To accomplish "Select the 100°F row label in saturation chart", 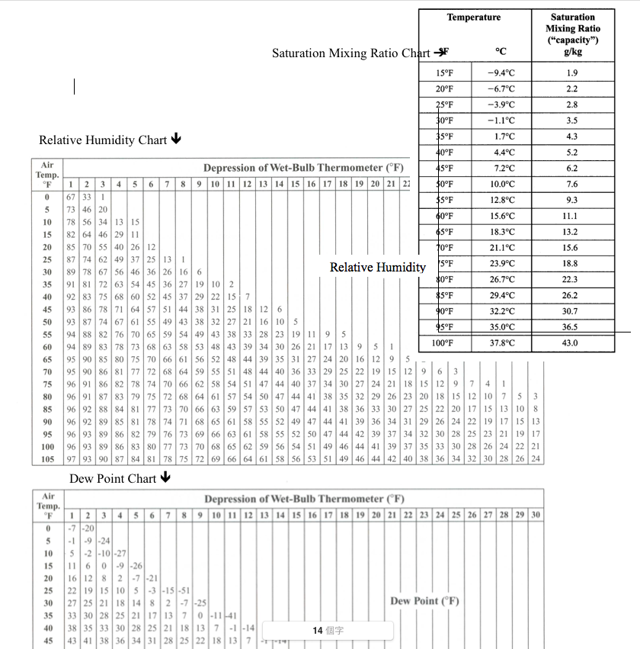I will (445, 343).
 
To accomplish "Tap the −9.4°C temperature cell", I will (501, 73).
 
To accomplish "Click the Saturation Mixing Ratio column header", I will (572, 34).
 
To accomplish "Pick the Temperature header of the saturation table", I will (473, 18).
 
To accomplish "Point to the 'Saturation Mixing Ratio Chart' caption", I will (351, 53).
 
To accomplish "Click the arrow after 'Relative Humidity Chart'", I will (176, 139).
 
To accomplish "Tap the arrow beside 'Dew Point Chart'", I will (165, 478).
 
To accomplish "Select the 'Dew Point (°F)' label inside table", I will (425, 601).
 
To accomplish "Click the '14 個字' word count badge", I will (328, 631).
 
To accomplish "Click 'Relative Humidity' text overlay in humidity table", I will (377, 267).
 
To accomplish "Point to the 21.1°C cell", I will (501, 248).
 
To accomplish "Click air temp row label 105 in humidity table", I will (47, 459).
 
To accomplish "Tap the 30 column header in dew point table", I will (536, 515).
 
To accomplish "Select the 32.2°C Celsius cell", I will (501, 311).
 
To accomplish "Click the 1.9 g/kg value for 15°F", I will (572, 73).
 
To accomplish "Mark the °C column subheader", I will (501, 52).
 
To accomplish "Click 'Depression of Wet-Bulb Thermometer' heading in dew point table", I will (304, 500).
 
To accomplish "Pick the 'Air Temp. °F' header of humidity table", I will (47, 173).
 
